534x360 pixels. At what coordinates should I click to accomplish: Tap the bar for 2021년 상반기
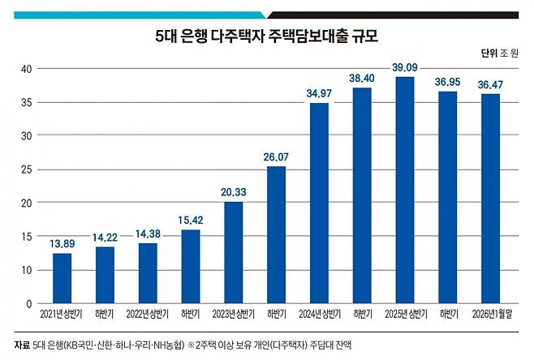(x=62, y=278)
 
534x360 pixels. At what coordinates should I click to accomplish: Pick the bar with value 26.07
(x=276, y=234)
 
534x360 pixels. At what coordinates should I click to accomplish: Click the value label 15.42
(x=190, y=219)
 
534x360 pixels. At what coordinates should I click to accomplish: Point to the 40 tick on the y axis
(x=26, y=69)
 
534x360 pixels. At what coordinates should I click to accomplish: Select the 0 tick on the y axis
(x=29, y=303)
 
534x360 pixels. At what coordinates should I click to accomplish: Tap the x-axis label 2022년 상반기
(x=147, y=314)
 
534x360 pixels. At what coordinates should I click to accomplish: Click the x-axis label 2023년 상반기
(x=233, y=314)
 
